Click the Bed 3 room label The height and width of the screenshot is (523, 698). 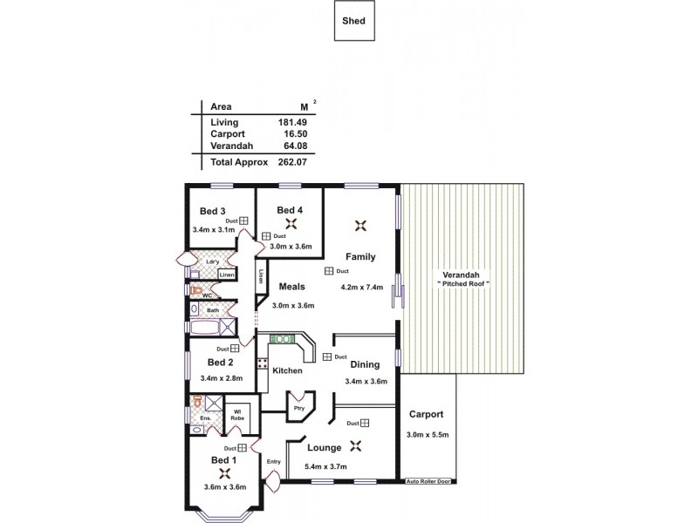pos(213,211)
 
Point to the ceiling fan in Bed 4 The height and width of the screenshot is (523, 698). pos(290,224)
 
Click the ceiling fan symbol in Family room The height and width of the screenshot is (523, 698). pos(359,226)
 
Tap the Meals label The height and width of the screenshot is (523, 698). pos(291,286)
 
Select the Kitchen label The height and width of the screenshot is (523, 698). pos(287,370)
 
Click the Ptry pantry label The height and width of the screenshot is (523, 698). pos(299,407)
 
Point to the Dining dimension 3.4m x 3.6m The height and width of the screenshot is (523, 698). pos(365,381)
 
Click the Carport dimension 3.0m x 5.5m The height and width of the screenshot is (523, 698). pos(426,435)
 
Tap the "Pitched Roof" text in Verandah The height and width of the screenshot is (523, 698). pos(463,285)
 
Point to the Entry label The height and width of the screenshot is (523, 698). pos(273,462)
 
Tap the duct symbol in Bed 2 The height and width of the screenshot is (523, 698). pos(235,348)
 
